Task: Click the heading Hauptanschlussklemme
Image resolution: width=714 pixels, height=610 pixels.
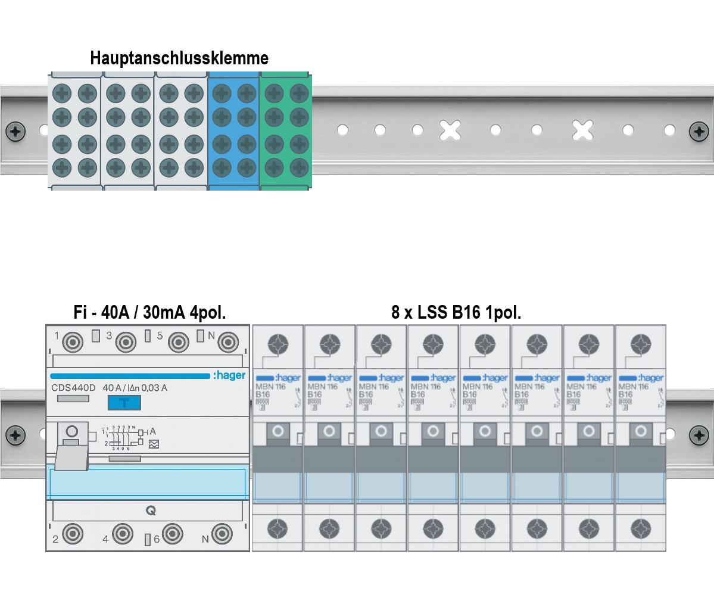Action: coord(179,58)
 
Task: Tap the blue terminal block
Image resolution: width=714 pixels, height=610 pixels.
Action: coord(233,130)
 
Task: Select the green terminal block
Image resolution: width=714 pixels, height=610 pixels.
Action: coord(286,130)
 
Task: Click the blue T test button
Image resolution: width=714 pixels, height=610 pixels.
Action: coord(124,403)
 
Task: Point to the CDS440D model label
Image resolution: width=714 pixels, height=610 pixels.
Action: coord(73,388)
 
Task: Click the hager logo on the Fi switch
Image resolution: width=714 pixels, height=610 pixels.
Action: coord(229,375)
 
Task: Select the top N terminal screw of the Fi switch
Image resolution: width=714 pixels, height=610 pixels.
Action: coord(228,342)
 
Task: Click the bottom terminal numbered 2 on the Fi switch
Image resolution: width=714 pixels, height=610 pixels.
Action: coord(73,534)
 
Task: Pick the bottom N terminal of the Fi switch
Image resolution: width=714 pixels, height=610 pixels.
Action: coord(222,534)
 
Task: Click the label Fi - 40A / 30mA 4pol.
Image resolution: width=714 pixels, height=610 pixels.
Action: coord(149,312)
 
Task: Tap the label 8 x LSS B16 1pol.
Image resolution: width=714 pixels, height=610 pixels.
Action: coord(456,312)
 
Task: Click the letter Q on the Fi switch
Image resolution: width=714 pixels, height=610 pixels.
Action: coord(151,511)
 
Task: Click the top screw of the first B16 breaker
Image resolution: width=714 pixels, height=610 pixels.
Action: coord(278,344)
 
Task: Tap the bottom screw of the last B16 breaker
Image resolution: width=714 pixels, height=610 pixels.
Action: coord(641,528)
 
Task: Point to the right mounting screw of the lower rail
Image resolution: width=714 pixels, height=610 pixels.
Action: coord(699,435)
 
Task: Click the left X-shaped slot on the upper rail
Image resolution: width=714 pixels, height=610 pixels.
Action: coord(450,130)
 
